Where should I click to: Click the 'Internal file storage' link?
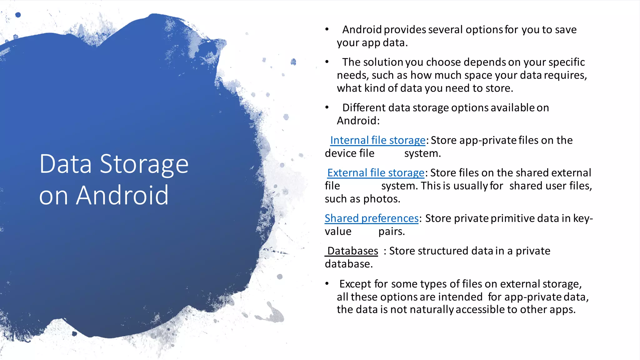tap(377, 140)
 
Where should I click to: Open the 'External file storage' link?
tap(376, 173)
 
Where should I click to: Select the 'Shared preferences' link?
tap(372, 218)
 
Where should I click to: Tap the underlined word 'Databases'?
tap(352, 251)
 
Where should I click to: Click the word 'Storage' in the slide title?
tap(144, 164)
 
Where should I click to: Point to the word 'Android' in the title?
tap(122, 195)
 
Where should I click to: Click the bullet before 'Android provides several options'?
tap(327, 30)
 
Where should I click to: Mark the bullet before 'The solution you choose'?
tap(327, 62)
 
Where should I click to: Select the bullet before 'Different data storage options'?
tap(327, 107)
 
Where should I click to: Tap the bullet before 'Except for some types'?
tap(327, 284)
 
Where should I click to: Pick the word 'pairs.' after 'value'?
tap(392, 232)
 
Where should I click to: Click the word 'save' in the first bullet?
tap(566, 30)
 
